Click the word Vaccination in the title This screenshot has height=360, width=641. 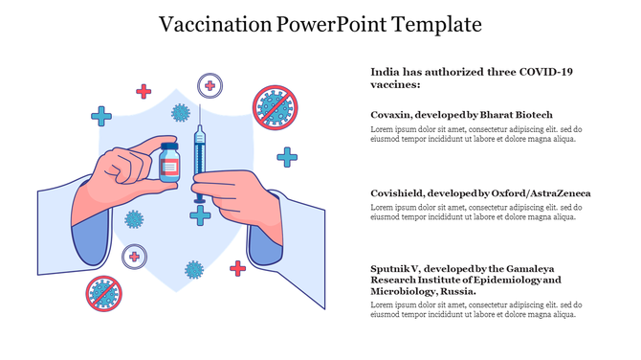[210, 23]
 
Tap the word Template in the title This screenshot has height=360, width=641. [435, 23]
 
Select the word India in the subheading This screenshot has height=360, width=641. [385, 72]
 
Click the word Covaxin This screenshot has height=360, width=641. [390, 114]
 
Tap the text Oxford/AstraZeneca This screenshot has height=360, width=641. [548, 193]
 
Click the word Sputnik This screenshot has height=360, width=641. [393, 268]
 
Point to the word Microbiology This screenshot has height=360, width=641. [403, 291]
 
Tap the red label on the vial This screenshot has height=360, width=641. [169, 168]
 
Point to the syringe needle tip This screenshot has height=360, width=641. [199, 108]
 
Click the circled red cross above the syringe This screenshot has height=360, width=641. [210, 86]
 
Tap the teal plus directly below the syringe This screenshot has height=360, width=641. [200, 215]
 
